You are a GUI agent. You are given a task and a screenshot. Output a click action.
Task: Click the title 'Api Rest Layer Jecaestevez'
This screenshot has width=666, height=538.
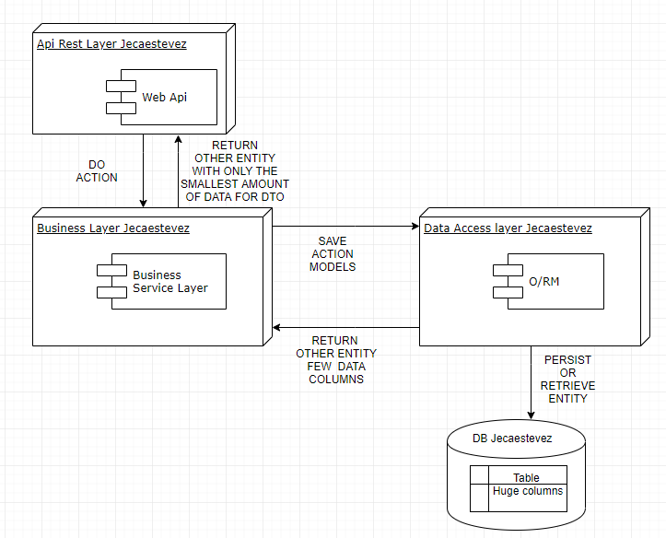click(x=111, y=44)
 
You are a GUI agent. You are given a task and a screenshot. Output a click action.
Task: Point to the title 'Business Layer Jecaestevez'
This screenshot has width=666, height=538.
click(x=113, y=228)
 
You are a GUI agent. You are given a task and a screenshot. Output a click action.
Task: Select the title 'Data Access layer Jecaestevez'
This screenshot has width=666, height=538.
click(x=508, y=228)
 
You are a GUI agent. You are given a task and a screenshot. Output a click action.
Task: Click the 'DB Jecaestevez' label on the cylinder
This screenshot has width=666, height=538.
click(x=512, y=439)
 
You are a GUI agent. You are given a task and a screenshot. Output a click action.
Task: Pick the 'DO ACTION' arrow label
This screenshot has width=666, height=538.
click(x=97, y=170)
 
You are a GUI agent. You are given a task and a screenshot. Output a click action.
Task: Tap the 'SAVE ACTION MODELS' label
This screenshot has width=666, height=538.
click(x=333, y=253)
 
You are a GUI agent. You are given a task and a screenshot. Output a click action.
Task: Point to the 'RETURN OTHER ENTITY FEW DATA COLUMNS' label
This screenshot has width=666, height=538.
click(x=336, y=359)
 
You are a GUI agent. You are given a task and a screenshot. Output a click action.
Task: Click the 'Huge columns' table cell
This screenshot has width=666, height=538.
click(x=528, y=491)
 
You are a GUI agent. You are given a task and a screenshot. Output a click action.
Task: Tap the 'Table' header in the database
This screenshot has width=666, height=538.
click(x=527, y=477)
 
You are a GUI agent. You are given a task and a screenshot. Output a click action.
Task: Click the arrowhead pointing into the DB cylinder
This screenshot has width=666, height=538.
click(x=531, y=416)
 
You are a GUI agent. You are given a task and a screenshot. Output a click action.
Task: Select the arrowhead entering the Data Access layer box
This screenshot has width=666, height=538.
click(x=415, y=225)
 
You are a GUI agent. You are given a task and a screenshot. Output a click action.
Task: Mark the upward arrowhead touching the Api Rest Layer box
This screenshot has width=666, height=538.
click(x=180, y=138)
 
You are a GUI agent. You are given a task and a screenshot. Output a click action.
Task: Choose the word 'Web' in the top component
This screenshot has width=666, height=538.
click(x=153, y=97)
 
